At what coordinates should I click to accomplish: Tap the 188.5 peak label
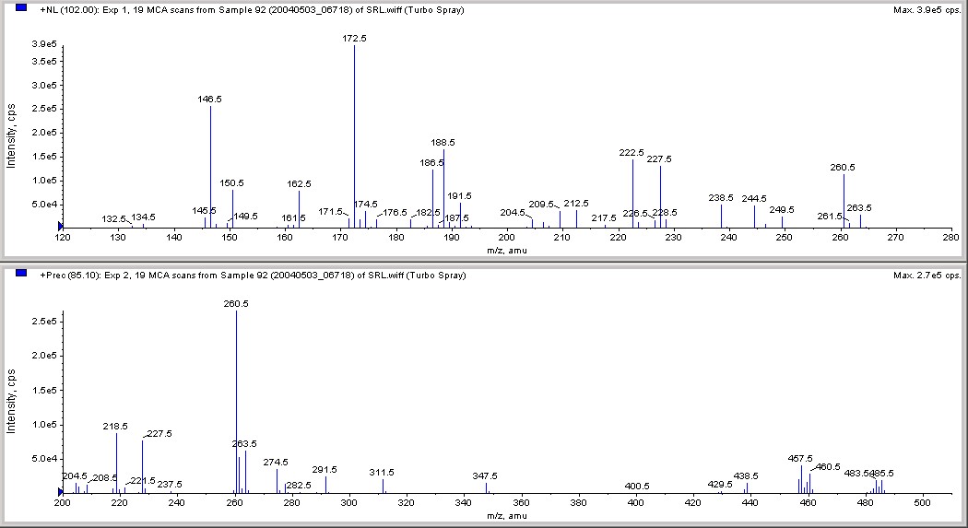[x=443, y=143]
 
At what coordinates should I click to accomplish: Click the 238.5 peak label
[x=721, y=198]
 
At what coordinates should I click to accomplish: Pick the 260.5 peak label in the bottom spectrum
[x=236, y=304]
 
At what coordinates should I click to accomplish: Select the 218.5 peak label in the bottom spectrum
[x=116, y=427]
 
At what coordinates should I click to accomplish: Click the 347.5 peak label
[x=485, y=476]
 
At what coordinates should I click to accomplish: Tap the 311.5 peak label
[x=382, y=472]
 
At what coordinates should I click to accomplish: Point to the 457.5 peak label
[x=800, y=459]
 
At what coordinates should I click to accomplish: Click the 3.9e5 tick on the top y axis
[x=43, y=44]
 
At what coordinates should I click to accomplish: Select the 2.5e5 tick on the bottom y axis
[x=43, y=321]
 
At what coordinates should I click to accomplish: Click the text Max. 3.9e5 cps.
[x=927, y=10]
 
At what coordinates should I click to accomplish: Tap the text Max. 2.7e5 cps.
[x=927, y=275]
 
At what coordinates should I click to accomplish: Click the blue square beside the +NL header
[x=22, y=8]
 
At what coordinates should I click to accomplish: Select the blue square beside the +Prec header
[x=22, y=274]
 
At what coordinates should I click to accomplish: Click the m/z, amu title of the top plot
[x=506, y=250]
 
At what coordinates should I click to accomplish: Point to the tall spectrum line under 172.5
[x=354, y=138]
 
